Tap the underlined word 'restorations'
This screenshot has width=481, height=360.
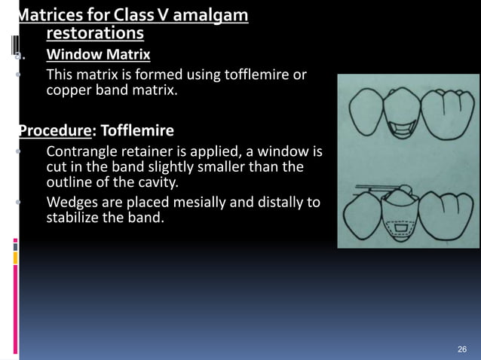[95, 34]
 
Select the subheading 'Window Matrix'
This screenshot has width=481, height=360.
[98, 55]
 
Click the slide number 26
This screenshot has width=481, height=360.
[463, 349]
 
